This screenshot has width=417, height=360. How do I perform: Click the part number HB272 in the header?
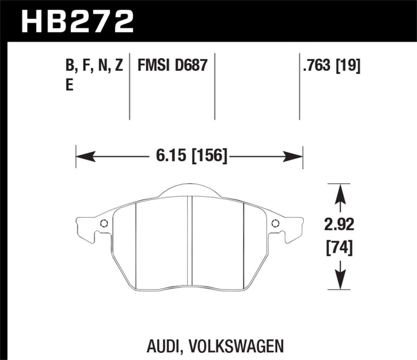(77, 21)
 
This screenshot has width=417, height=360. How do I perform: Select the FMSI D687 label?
(173, 66)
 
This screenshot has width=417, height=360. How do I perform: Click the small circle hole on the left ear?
(103, 224)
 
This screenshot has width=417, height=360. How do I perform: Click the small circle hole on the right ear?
(275, 224)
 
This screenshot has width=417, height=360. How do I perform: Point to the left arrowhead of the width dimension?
(81, 156)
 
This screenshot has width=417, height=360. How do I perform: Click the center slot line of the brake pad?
(191, 242)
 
